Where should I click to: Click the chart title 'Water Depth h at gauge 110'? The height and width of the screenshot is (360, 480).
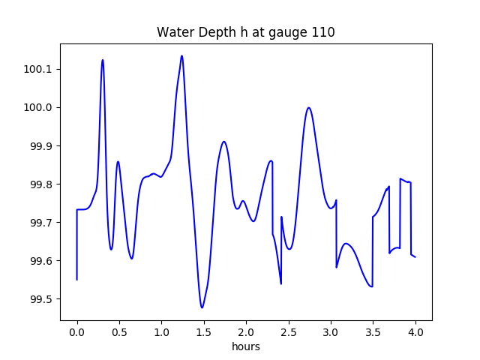245,32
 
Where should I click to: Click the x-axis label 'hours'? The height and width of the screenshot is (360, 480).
245,346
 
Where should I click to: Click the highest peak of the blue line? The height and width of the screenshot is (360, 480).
181,55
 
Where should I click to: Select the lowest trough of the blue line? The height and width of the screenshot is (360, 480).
202,307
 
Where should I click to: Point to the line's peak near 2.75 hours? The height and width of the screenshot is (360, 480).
308,108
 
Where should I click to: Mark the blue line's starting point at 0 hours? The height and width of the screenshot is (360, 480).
77,280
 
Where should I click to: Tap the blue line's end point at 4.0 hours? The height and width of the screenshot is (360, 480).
415,257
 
